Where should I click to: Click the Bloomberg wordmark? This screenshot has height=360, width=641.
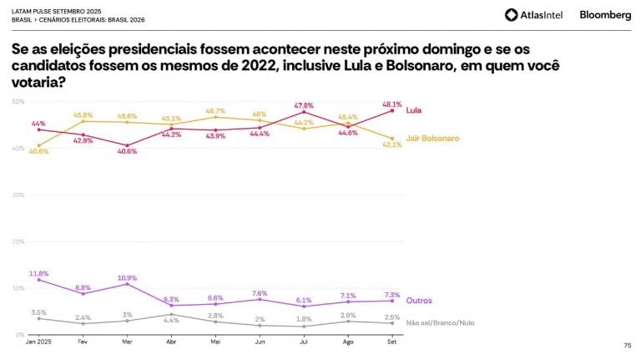tap(605, 14)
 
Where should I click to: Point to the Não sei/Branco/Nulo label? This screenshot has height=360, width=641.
tap(440, 322)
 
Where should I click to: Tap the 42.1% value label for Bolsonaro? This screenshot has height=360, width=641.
tap(391, 145)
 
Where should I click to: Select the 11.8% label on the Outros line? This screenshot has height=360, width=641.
tap(38, 272)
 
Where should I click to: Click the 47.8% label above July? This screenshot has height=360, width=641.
tap(303, 105)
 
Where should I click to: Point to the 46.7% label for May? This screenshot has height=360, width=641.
tap(215, 110)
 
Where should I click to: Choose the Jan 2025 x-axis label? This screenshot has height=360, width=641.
tap(38, 342)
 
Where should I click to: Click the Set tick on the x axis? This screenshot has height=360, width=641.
tap(391, 342)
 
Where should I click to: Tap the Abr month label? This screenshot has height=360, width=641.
tap(171, 342)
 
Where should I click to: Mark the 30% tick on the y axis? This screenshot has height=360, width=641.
tap(18, 195)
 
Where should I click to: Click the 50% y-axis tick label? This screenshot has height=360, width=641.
tap(18, 102)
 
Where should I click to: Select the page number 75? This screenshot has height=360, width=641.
tap(627, 345)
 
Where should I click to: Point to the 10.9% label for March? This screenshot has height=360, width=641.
tap(127, 277)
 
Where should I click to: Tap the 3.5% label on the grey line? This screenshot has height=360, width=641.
tap(38, 312)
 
